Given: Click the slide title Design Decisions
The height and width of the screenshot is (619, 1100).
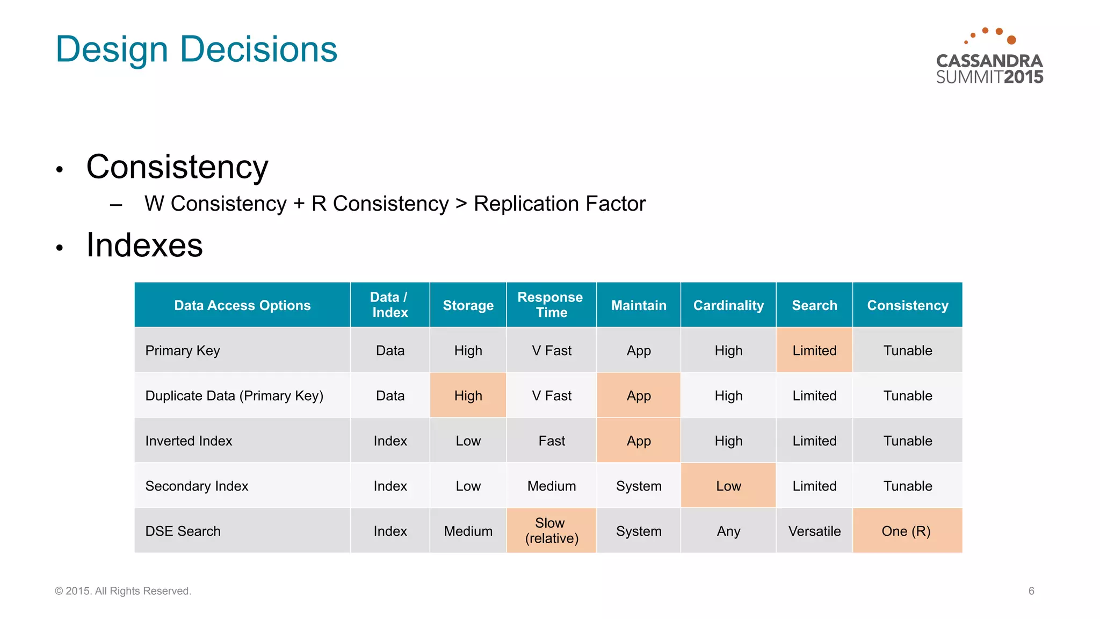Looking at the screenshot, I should (x=197, y=49).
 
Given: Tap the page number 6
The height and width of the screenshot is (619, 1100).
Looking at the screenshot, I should (x=1031, y=591).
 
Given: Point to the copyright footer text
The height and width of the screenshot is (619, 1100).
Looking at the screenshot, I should (x=123, y=591).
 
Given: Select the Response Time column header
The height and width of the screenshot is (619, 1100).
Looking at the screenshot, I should (x=551, y=305).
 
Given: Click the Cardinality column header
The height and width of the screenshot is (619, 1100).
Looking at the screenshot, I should (x=728, y=305).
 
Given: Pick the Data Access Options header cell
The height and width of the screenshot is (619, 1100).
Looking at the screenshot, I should (x=242, y=305).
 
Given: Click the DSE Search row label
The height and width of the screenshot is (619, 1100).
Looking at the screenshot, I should (x=183, y=531).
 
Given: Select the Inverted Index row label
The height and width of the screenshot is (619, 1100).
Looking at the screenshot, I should (x=189, y=441).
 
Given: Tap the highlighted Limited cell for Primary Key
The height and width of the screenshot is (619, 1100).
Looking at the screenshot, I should (x=814, y=350).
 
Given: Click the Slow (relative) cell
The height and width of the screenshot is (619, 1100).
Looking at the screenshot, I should (x=551, y=530).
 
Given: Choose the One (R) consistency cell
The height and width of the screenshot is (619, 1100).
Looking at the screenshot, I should (x=907, y=531).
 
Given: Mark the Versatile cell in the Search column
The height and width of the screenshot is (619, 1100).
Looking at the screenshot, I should (x=814, y=531).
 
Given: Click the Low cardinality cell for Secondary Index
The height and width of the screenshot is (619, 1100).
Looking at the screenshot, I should (x=728, y=486).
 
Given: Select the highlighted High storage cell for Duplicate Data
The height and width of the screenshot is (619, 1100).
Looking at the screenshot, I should (x=468, y=395).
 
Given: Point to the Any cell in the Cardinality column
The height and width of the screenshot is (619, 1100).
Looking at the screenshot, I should (x=728, y=531).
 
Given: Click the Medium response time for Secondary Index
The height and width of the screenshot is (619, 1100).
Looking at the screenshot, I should (x=551, y=486).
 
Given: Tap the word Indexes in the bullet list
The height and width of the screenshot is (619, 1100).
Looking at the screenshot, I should (x=144, y=246).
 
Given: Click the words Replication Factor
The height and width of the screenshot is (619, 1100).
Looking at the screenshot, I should (x=560, y=204).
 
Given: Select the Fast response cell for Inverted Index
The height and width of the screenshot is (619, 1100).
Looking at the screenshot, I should (x=551, y=441).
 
